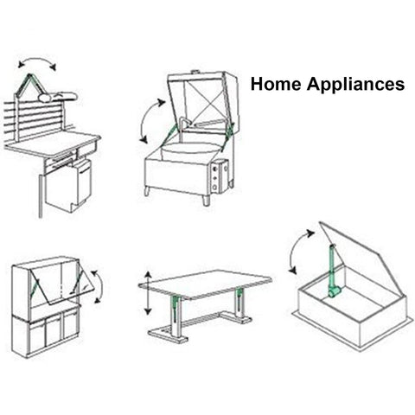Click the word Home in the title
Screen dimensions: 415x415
pyautogui.click(x=276, y=84)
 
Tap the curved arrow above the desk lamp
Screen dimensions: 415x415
pyautogui.click(x=36, y=60)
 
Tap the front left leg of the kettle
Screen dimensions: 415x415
pyautogui.click(x=148, y=191)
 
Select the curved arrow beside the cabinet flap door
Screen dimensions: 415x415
pyautogui.click(x=100, y=286)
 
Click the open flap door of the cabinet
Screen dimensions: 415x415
pyautogui.click(x=61, y=286)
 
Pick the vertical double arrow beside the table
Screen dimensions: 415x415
pyautogui.click(x=148, y=293)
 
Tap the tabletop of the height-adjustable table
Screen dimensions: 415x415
pyautogui.click(x=205, y=284)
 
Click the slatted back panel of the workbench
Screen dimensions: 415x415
pyautogui.click(x=34, y=119)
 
